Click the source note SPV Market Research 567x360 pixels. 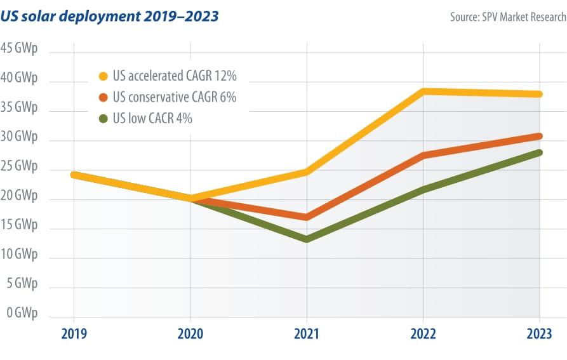click(x=508, y=17)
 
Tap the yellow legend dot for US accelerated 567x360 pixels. click(x=103, y=76)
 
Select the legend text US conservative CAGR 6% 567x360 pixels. click(x=174, y=97)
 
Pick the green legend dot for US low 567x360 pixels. click(x=103, y=118)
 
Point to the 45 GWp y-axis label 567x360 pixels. click(x=19, y=49)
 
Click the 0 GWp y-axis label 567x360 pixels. click(x=22, y=313)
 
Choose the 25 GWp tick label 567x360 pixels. click(x=19, y=166)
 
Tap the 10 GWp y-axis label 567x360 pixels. click(x=19, y=255)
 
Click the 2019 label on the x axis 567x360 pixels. click(x=74, y=334)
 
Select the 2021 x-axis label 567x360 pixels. click(x=307, y=334)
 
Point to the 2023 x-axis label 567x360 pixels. click(x=539, y=334)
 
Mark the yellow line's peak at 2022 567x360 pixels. click(x=424, y=91)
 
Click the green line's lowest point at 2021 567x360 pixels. click(x=307, y=239)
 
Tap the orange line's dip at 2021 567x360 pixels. click(x=307, y=217)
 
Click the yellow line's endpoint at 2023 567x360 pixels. click(x=539, y=94)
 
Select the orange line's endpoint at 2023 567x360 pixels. click(x=539, y=136)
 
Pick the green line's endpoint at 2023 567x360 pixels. click(x=539, y=152)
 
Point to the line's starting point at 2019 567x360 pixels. click(x=74, y=175)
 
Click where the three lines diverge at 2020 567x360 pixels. click(x=190, y=199)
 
